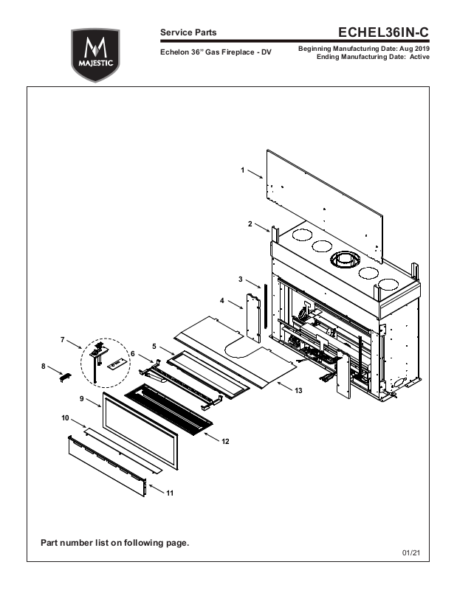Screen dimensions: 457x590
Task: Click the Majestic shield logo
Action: (x=95, y=55)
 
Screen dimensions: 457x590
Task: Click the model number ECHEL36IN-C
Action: (x=383, y=32)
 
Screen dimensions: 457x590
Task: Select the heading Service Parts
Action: (x=188, y=32)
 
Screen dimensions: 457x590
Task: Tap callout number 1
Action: (x=243, y=170)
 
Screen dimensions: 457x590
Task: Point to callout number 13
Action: (x=298, y=391)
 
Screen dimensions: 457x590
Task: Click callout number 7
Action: (x=63, y=340)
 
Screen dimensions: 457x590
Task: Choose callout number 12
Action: (x=225, y=441)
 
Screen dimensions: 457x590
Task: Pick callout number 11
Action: (x=170, y=493)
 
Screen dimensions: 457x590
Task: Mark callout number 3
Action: (x=241, y=280)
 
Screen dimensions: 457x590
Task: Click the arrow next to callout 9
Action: (x=94, y=402)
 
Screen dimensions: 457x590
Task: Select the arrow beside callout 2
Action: (x=262, y=228)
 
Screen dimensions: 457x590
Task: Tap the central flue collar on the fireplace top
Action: (x=345, y=260)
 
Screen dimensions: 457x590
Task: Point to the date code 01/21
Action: (x=411, y=552)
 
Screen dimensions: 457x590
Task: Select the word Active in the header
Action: (x=419, y=57)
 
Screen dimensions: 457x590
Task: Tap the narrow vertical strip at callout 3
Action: (x=265, y=305)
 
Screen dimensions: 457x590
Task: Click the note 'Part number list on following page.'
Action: (x=115, y=543)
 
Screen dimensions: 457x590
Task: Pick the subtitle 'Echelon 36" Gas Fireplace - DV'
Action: (x=216, y=52)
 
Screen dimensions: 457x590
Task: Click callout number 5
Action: (x=154, y=346)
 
